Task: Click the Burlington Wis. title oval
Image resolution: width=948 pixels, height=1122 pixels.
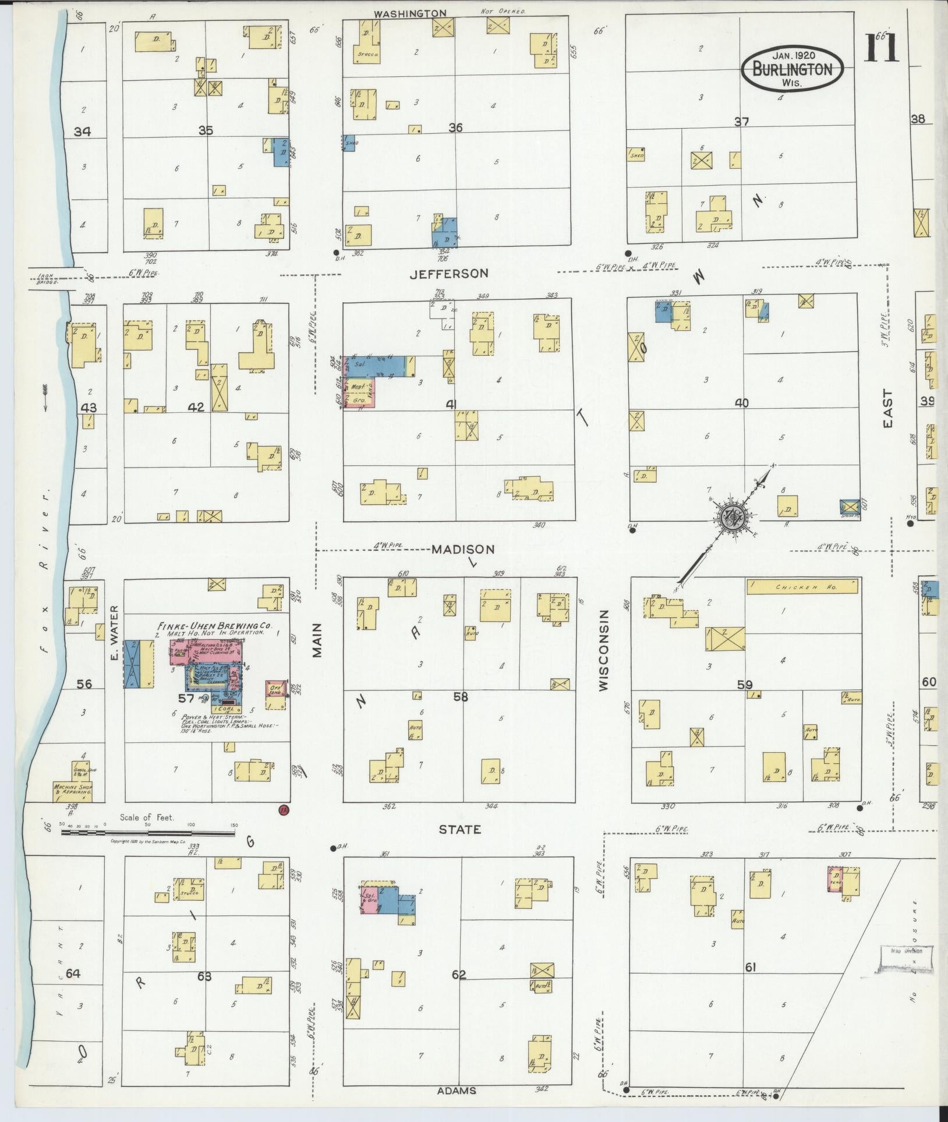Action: [792, 68]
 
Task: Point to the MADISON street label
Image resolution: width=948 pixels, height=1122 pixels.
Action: [464, 549]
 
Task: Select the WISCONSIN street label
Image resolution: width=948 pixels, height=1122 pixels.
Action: [603, 650]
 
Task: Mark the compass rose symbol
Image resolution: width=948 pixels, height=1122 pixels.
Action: [731, 515]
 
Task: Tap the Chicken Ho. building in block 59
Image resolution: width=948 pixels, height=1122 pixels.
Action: [802, 588]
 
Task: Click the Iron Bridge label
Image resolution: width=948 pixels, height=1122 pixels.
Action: [47, 278]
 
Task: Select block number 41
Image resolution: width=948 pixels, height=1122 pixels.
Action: [451, 405]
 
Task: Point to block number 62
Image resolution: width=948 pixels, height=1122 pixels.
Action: [459, 974]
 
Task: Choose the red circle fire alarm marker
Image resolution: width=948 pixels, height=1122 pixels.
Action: [284, 810]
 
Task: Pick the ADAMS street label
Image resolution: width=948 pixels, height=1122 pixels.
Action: [457, 1091]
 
